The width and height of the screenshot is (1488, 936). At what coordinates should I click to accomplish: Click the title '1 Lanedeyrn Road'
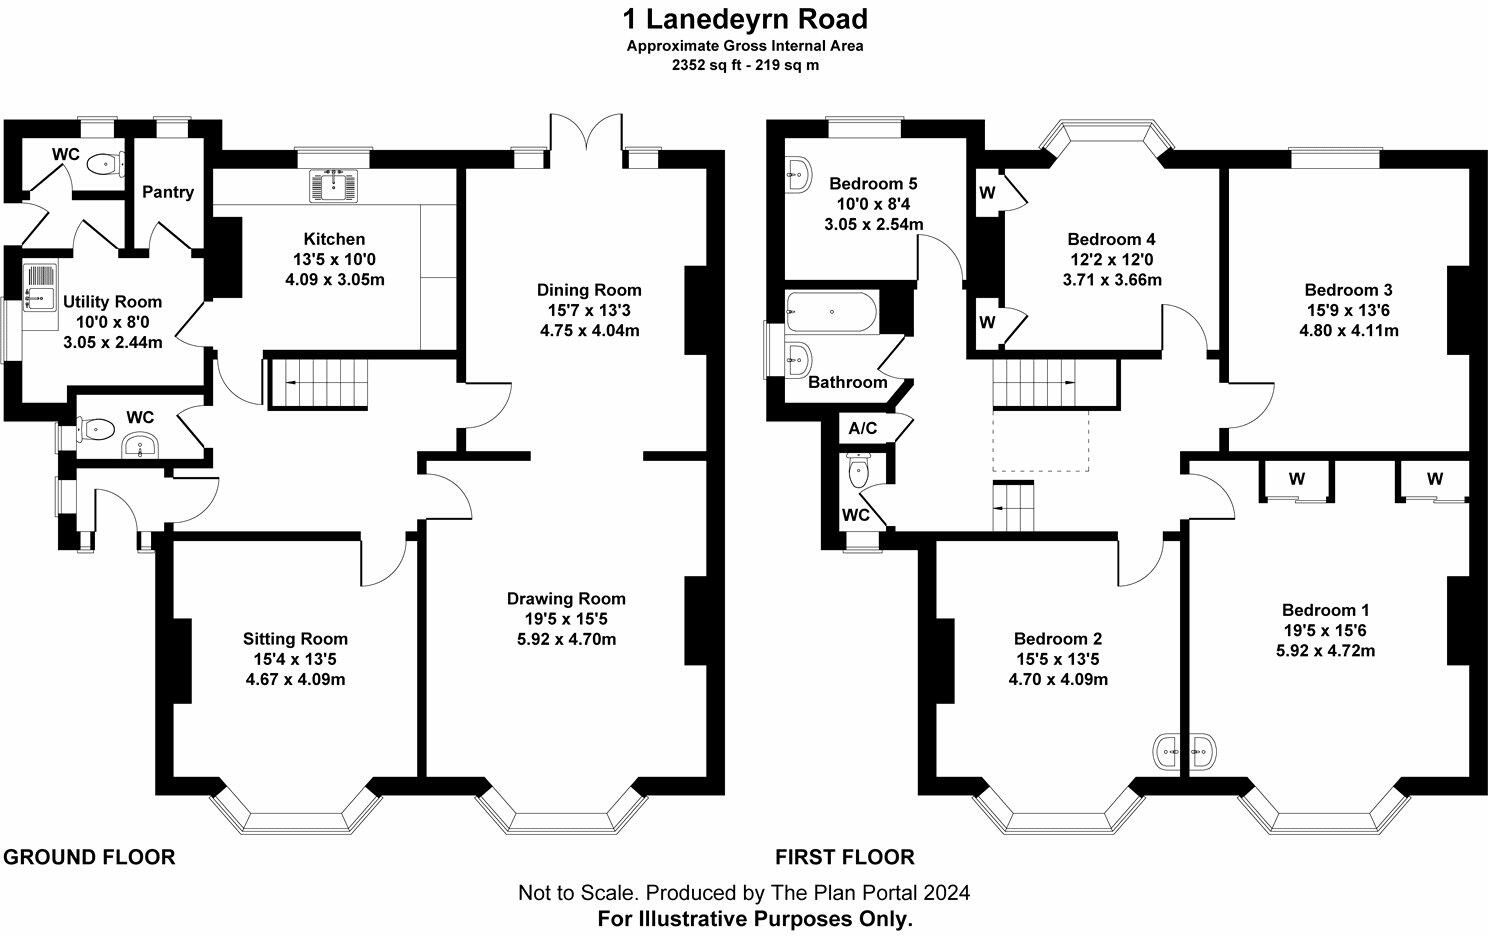tap(744, 19)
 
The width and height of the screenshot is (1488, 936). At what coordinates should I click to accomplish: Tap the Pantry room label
tap(167, 192)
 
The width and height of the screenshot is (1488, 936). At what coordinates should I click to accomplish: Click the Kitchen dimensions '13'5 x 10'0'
tap(334, 260)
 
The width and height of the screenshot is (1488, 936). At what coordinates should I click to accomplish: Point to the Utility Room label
tap(112, 301)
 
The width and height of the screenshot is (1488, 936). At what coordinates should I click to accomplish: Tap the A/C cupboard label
tap(862, 429)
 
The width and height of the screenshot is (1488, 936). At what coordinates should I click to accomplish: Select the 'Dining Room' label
tap(589, 290)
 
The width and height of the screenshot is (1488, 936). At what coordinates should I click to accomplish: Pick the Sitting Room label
tap(295, 639)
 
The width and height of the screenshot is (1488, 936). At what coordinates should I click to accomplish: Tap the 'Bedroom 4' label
tap(1111, 239)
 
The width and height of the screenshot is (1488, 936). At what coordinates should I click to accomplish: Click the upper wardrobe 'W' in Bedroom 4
tap(987, 192)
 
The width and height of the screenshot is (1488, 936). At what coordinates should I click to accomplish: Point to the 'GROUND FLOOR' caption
tap(90, 857)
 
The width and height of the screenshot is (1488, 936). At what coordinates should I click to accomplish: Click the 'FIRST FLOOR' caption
tap(844, 857)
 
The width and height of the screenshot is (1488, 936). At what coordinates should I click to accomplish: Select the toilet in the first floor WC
tap(858, 471)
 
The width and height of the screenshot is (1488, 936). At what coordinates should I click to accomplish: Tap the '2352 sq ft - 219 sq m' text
tap(744, 65)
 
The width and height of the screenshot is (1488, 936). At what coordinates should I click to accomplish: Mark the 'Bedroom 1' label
tap(1325, 610)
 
